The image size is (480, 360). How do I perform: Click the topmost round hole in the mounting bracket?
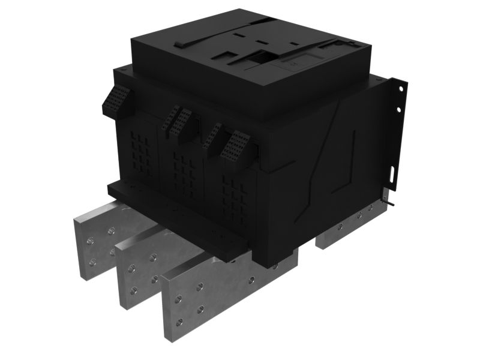click(x=398, y=89)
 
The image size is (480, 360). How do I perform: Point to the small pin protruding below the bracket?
click(x=391, y=203)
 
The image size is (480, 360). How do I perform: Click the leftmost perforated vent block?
click(x=118, y=100)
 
